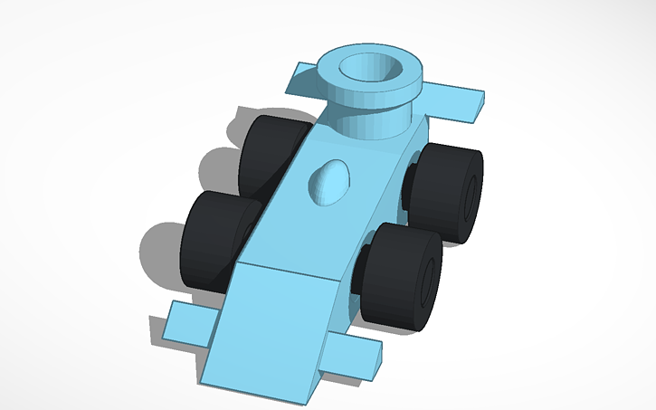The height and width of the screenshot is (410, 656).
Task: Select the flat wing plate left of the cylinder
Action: [x=301, y=81]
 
